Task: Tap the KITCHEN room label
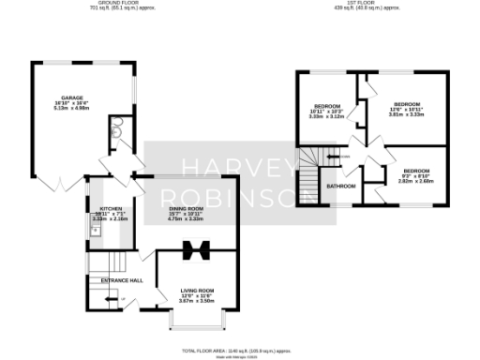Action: tap(99, 211)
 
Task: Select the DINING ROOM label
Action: tap(186, 208)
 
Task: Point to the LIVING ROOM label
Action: tap(198, 291)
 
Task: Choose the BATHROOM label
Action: tap(340, 186)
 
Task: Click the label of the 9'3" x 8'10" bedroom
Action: tap(415, 171)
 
